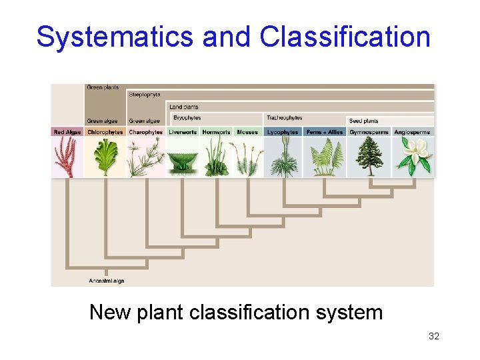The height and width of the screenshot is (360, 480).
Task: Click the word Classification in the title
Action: tap(345, 37)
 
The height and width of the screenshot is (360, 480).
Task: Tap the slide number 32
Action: tap(434, 336)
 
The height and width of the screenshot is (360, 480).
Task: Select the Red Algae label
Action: tap(67, 132)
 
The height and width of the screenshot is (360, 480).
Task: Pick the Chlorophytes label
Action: tap(105, 132)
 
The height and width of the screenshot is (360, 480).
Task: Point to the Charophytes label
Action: tap(146, 132)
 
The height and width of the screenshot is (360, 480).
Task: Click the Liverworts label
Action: tap(183, 132)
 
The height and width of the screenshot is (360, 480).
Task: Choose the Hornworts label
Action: tap(216, 132)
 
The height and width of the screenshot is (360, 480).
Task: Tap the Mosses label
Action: tap(247, 132)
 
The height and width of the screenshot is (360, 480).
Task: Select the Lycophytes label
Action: tap(283, 132)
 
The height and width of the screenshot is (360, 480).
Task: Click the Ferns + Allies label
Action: tap(324, 132)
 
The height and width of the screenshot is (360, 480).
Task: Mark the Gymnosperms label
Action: tap(368, 132)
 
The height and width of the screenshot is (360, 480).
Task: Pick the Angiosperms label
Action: tap(412, 132)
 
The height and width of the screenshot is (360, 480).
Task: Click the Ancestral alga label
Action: tap(107, 281)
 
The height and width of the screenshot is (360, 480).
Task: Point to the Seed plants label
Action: tap(363, 121)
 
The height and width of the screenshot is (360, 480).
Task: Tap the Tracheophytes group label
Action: tap(285, 118)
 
